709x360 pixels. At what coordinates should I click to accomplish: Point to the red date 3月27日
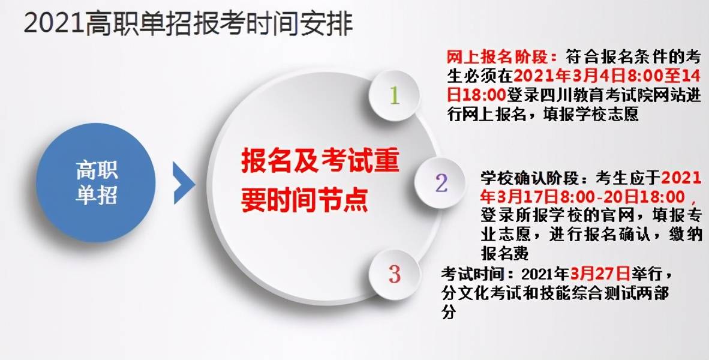(x=600, y=274)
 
